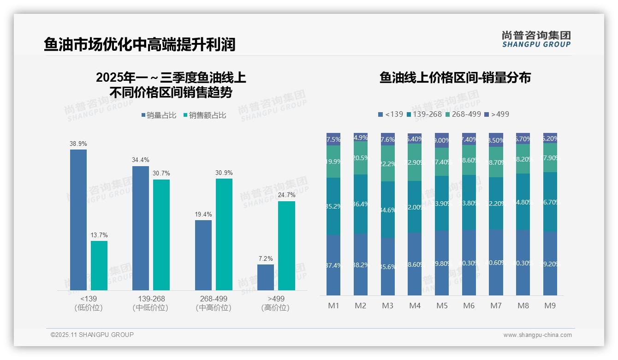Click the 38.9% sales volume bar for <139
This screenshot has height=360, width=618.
(78, 220)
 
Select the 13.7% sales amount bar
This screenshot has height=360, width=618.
(99, 265)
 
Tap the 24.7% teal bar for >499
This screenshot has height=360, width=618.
(286, 246)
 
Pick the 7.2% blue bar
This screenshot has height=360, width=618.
(266, 277)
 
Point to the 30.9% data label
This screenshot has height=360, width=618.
(224, 173)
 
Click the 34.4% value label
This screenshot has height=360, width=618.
(141, 160)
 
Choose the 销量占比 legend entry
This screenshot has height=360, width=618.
(159, 115)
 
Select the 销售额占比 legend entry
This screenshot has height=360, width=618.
(205, 115)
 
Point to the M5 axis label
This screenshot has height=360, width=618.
(442, 306)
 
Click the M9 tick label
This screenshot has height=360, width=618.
(550, 306)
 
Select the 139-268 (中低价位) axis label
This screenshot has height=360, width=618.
(151, 303)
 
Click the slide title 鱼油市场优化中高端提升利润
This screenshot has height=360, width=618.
(140, 44)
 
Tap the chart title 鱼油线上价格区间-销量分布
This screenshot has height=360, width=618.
(455, 78)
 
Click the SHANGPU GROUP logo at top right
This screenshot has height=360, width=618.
(536, 39)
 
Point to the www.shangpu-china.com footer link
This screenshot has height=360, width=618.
(537, 335)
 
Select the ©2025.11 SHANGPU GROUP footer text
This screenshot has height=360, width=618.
(92, 335)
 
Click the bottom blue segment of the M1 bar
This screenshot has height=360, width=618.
(333, 265)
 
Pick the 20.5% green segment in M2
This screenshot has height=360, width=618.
(361, 158)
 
